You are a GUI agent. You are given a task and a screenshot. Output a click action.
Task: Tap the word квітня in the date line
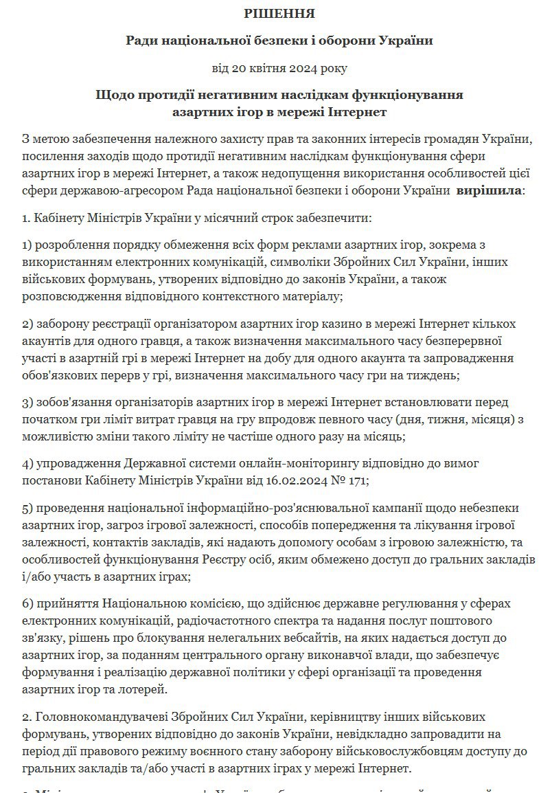tap(270, 67)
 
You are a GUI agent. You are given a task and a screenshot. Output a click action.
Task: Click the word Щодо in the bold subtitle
tap(112, 94)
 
